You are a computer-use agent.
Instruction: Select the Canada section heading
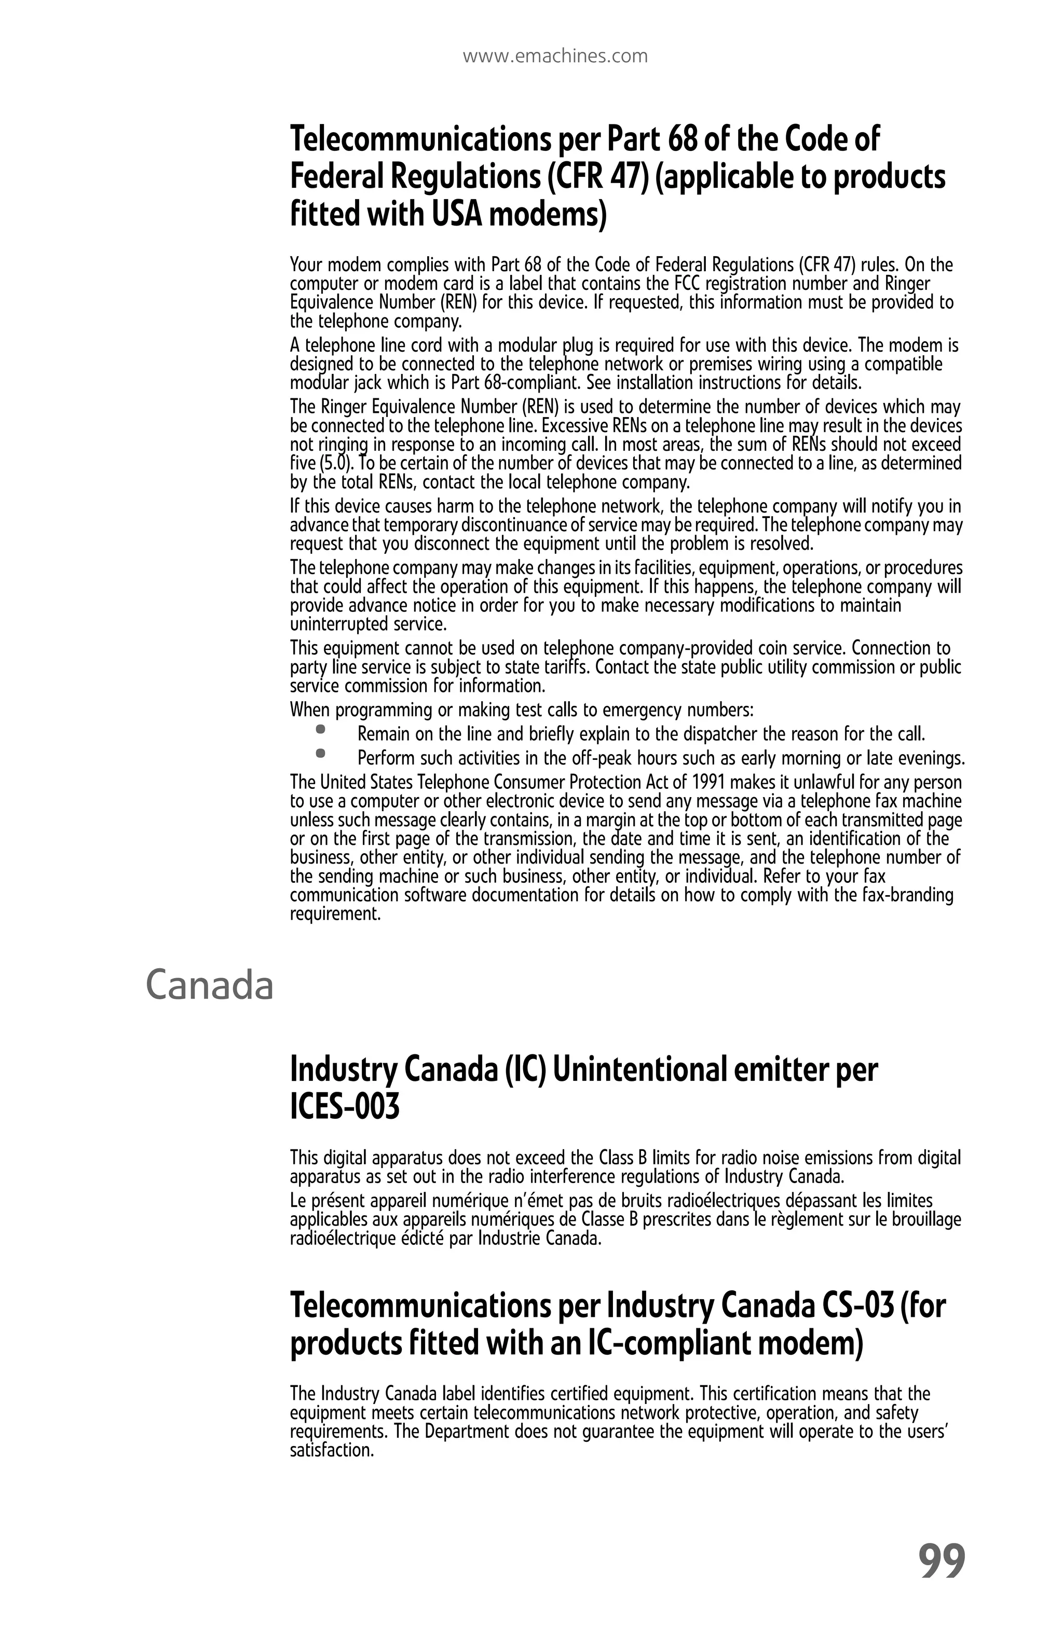pyautogui.click(x=210, y=985)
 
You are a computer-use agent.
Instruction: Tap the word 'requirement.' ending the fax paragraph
pyautogui.click(x=335, y=914)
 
